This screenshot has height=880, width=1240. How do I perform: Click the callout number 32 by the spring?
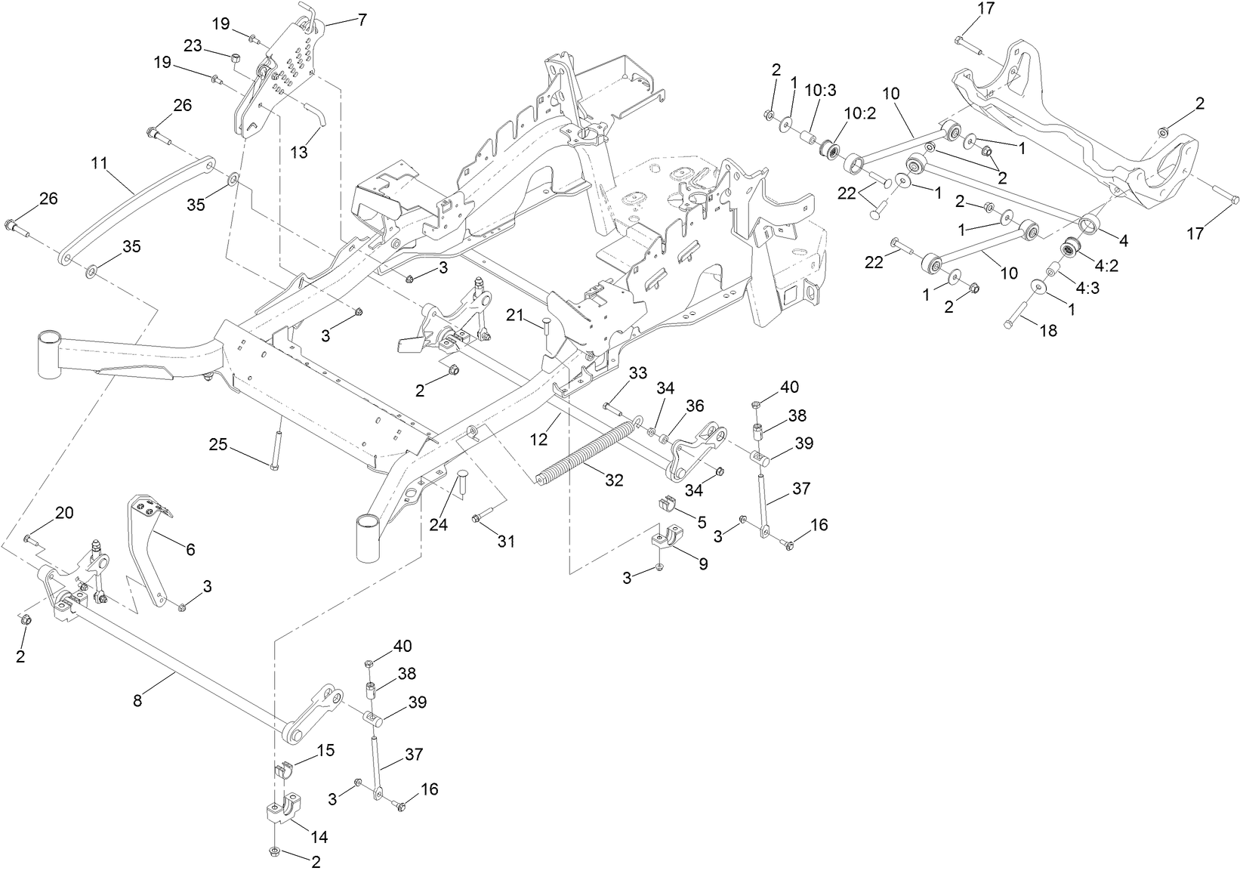(614, 480)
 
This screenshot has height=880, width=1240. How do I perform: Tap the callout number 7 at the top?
(362, 20)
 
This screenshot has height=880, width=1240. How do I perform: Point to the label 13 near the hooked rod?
(300, 153)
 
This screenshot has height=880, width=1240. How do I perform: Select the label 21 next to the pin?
(514, 315)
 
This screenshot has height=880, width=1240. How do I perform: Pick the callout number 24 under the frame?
(438, 524)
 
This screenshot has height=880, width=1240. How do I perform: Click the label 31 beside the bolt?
(506, 542)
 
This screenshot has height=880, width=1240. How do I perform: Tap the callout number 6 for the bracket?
(190, 549)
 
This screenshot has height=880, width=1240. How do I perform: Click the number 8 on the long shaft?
(137, 700)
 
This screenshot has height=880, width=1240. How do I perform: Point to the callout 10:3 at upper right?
(821, 90)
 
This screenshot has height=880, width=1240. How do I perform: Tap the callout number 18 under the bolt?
(1048, 330)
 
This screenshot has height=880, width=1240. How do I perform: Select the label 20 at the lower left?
(64, 513)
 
